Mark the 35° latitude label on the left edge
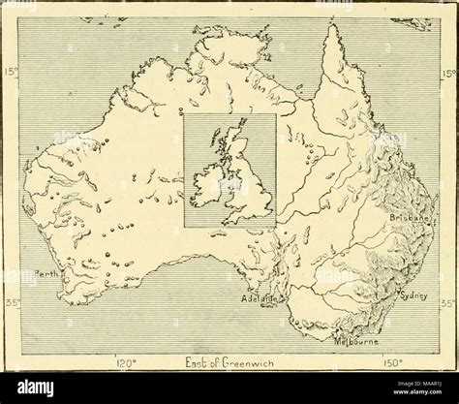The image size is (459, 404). coord(11,303)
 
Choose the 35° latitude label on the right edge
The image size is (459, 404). coord(447,303)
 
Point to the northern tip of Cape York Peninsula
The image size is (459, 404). coord(334,29)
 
